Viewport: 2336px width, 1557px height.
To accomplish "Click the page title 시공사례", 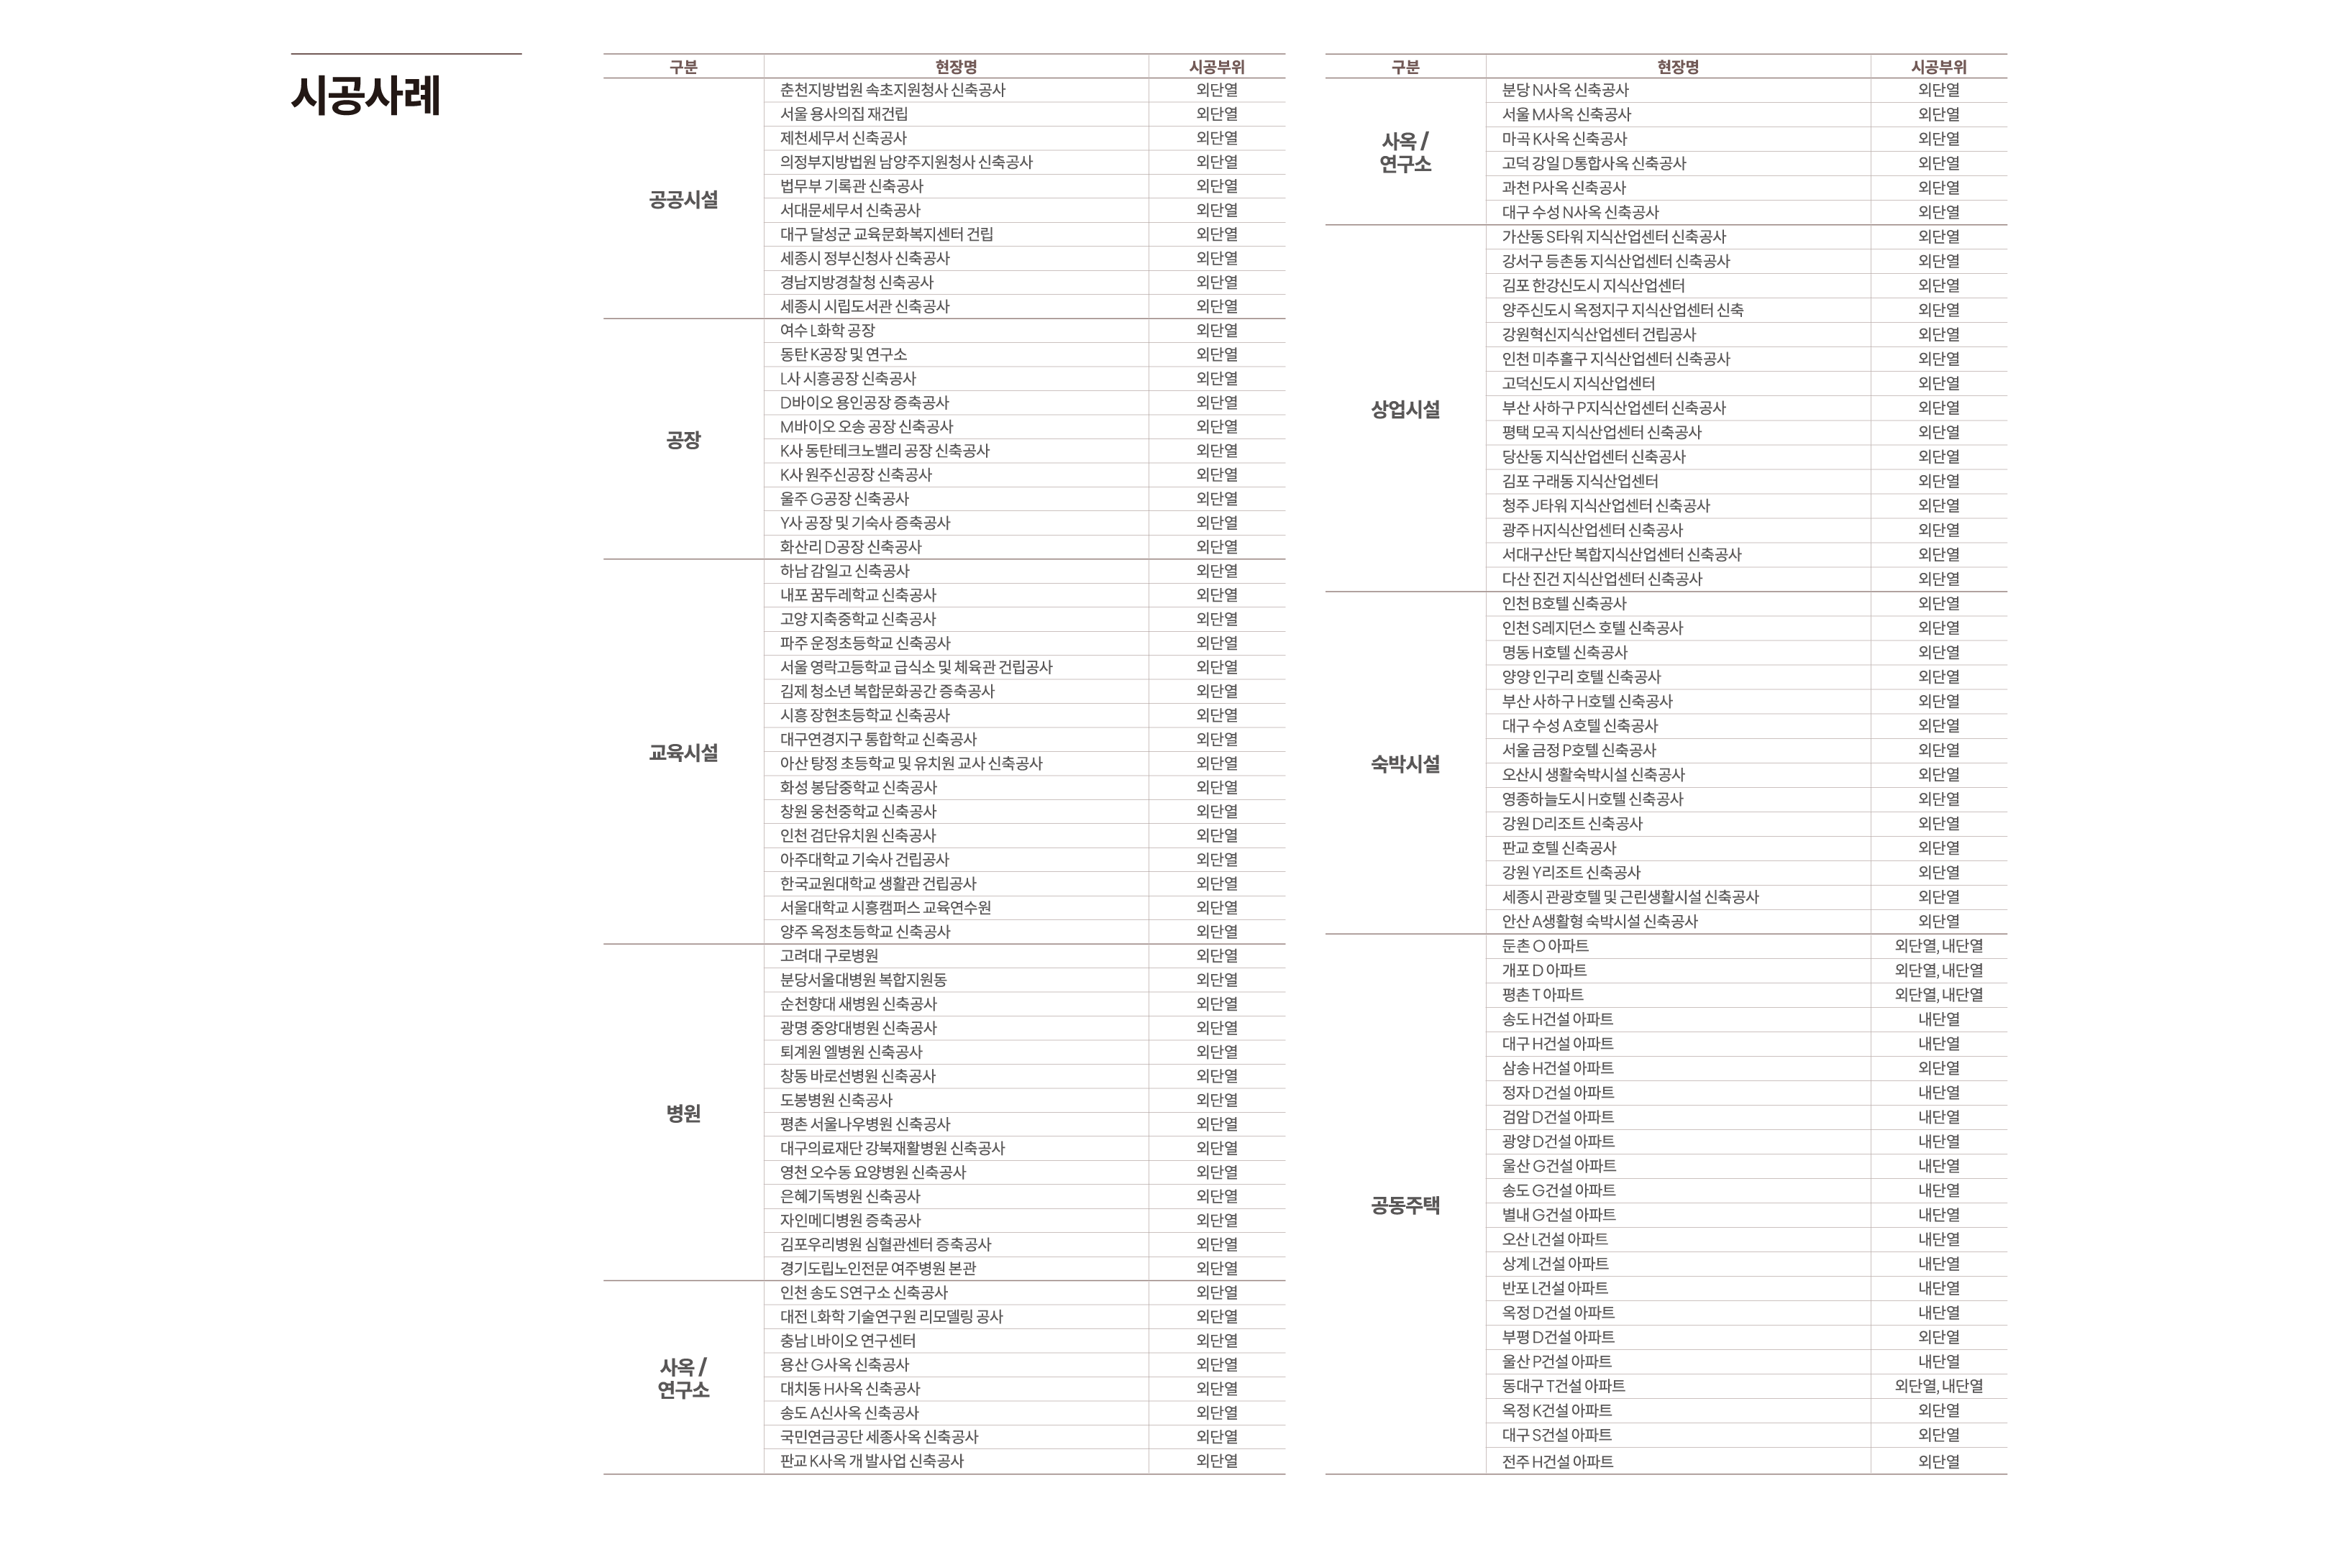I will (365, 96).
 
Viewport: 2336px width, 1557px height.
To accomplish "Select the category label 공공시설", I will (683, 200).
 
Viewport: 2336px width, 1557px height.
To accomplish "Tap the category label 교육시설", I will (683, 753).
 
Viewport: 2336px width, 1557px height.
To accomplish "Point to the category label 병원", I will (683, 1113).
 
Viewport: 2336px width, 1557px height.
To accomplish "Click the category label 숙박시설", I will (1405, 763).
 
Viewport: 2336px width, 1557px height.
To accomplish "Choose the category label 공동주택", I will (1405, 1205).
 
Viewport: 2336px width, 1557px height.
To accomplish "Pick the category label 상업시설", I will (1405, 409).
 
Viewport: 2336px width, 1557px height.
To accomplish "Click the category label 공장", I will (683, 440).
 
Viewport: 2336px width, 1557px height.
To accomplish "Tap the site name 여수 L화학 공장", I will (826, 331).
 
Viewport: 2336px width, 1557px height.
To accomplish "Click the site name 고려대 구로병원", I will (829, 955).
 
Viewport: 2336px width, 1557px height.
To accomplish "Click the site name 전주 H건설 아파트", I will (1557, 1461).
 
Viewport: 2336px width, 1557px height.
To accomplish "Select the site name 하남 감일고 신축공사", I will (844, 571).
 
